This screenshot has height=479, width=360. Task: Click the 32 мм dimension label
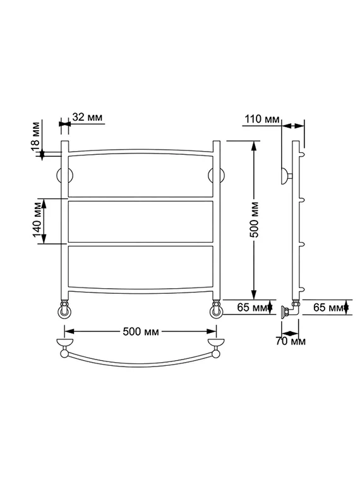[x=87, y=117]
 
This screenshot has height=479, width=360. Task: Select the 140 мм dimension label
[x=37, y=219]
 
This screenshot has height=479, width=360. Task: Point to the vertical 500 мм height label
[x=254, y=219]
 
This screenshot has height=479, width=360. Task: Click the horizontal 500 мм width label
[x=141, y=332]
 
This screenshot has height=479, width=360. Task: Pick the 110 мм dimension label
[x=262, y=119]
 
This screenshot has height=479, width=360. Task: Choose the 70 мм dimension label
[x=291, y=341]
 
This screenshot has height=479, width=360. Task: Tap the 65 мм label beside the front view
[x=252, y=307]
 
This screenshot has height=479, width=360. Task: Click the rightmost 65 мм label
[x=328, y=307]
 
